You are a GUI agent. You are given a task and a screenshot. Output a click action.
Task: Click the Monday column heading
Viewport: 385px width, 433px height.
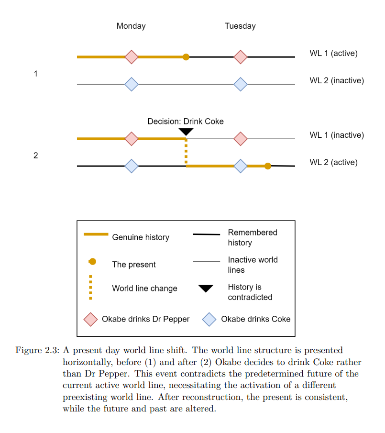[x=131, y=26]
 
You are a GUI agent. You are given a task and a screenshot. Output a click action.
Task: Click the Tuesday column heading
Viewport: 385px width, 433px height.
[x=240, y=26]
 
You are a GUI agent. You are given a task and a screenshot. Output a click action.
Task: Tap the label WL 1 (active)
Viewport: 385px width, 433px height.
[x=333, y=53]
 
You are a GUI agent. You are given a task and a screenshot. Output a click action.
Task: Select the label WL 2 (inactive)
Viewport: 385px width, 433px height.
[x=336, y=80]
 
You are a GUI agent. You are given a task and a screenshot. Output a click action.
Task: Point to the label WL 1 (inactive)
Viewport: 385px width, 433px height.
[x=336, y=135]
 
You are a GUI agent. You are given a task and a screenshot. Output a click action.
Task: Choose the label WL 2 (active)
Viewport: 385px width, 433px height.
[x=333, y=162]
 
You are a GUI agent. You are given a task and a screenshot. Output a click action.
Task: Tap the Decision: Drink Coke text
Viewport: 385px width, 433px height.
[x=186, y=122]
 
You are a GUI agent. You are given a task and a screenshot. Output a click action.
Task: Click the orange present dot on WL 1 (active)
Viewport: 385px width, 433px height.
[x=186, y=57]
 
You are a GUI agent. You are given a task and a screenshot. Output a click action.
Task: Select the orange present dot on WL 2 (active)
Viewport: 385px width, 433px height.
[x=268, y=166]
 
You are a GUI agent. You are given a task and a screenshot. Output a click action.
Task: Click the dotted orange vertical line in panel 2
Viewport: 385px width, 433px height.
[x=186, y=152]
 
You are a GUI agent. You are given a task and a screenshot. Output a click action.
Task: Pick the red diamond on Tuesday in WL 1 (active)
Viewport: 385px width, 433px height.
[x=241, y=57]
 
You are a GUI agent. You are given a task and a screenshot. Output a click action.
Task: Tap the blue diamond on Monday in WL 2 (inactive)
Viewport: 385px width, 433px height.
[x=132, y=85]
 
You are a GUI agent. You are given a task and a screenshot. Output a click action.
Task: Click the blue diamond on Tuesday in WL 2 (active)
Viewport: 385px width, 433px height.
[x=241, y=166]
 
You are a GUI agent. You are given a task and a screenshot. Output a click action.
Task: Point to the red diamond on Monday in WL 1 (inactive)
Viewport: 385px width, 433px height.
[x=132, y=139]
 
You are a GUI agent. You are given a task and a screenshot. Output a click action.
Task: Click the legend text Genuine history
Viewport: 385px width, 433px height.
[x=141, y=237]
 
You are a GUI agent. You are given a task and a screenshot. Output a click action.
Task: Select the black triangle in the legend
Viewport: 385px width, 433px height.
[x=206, y=289]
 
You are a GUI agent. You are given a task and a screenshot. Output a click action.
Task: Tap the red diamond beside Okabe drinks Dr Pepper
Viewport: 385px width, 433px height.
[x=90, y=319]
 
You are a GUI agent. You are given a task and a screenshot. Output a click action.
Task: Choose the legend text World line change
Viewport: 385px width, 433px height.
[x=144, y=289]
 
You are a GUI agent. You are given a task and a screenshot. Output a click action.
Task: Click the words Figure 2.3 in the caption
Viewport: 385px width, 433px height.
[x=35, y=351]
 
